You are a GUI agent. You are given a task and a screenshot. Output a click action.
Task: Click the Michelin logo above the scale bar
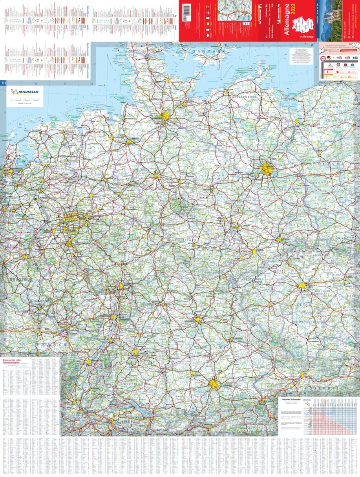(25, 92)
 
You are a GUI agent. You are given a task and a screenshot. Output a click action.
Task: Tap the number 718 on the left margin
(4, 82)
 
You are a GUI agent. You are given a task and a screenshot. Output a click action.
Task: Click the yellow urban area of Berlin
(267, 169)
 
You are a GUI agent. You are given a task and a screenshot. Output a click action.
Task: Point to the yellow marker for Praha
(302, 286)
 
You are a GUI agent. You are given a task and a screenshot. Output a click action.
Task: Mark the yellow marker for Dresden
(280, 239)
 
